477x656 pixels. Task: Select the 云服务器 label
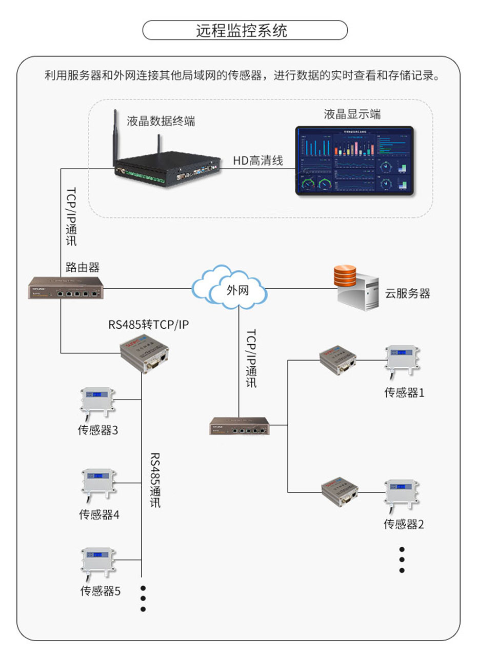[x=407, y=294]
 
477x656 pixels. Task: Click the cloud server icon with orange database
[x=354, y=287]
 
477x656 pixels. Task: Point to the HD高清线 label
[x=258, y=161]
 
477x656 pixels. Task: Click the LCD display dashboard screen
[x=353, y=160]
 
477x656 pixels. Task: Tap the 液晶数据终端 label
[x=161, y=122]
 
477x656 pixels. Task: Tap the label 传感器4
[x=99, y=514]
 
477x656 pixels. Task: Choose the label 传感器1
[x=404, y=393]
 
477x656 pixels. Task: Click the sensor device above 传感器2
[x=403, y=494]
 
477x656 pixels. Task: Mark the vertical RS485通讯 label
[x=155, y=480]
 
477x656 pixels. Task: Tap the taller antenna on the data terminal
[x=114, y=138]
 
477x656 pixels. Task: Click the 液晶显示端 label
[x=352, y=114]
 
